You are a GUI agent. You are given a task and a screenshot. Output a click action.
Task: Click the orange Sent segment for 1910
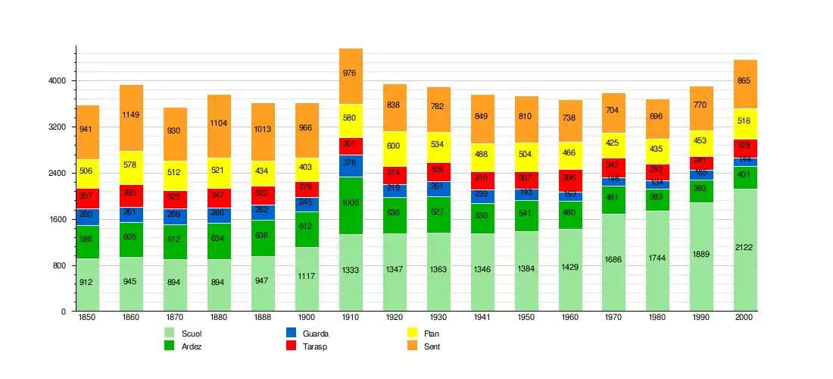(x=351, y=76)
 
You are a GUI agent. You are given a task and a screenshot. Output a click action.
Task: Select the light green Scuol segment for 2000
(x=745, y=250)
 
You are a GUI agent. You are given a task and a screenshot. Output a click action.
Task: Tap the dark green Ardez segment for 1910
(x=351, y=205)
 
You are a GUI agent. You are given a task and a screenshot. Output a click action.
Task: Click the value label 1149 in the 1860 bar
(x=131, y=115)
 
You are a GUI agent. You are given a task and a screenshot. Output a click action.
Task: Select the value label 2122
(x=745, y=248)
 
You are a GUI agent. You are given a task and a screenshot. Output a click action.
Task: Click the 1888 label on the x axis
(x=263, y=318)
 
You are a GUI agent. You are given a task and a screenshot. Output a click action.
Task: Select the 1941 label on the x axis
(x=482, y=318)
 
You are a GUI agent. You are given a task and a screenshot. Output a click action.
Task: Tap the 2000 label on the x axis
(x=745, y=318)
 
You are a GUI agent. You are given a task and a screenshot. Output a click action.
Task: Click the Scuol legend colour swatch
(x=170, y=333)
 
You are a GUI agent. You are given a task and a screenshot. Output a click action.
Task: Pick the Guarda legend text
(x=315, y=334)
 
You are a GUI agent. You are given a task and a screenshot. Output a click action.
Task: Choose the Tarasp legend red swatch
(x=291, y=346)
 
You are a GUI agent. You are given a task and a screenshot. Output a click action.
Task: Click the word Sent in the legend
(x=432, y=346)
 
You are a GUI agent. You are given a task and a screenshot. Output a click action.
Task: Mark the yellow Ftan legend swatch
(x=413, y=333)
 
